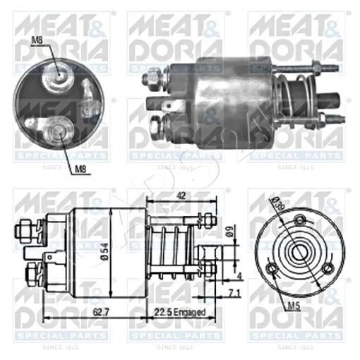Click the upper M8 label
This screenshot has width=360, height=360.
pos(39,42)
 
